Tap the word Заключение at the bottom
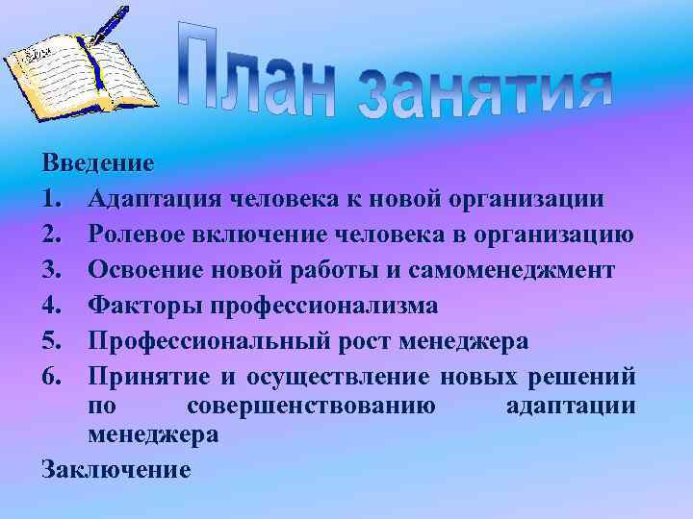pos(115,469)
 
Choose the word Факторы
pos(134,306)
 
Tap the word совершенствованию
pos(311,406)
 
